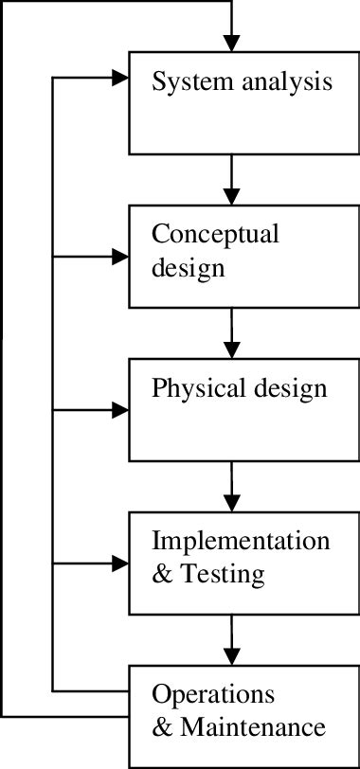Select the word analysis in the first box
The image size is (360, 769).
283,81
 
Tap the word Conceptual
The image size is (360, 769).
215,234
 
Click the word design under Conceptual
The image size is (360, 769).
189,267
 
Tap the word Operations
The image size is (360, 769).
213,694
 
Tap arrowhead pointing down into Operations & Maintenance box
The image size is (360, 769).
231,655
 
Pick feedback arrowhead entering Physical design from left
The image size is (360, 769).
120,410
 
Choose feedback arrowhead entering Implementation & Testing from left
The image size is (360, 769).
120,563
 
